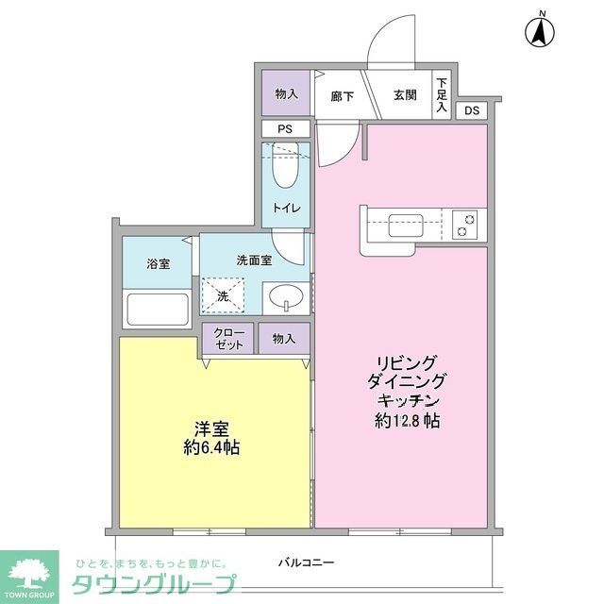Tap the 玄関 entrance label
point(406,94)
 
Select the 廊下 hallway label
point(343,95)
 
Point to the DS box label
point(472,111)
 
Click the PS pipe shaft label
point(284,129)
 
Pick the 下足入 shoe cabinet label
point(442,95)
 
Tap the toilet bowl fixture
point(284,167)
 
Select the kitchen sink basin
point(407,226)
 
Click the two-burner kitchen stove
point(465,226)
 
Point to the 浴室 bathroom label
point(158,265)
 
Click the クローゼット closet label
point(227,339)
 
